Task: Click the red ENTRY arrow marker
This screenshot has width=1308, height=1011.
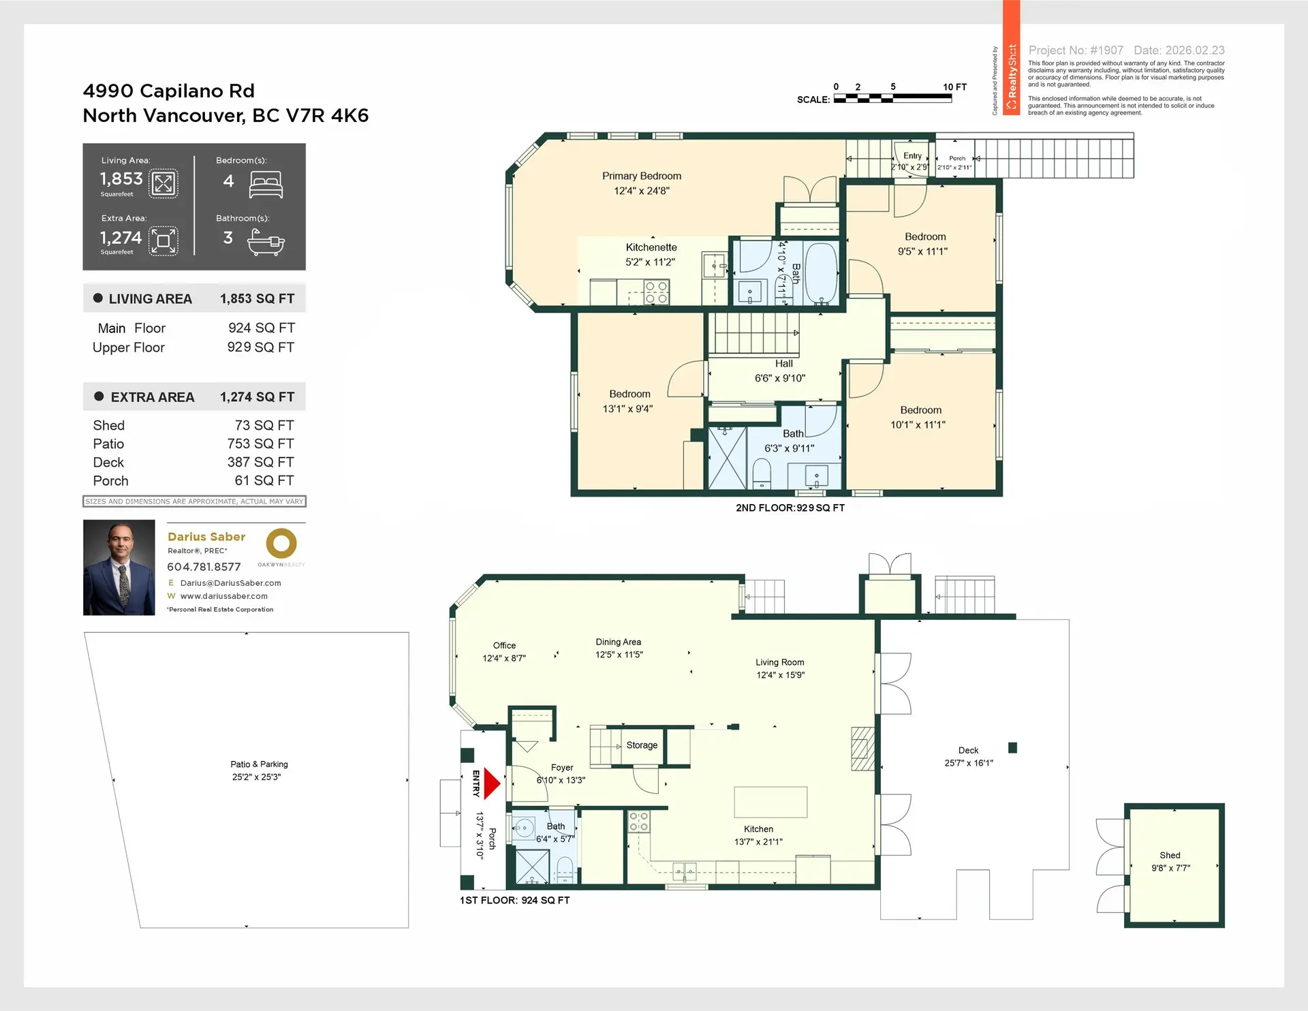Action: [491, 783]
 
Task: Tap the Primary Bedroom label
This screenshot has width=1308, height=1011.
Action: [641, 176]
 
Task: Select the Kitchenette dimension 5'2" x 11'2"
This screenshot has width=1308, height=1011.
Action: [650, 262]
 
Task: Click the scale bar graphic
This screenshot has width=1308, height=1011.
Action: [892, 98]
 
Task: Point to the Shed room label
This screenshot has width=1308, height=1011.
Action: [1170, 855]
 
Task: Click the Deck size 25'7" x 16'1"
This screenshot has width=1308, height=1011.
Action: [968, 763]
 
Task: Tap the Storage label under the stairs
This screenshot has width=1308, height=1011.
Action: [642, 745]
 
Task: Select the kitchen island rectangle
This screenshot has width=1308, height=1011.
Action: [770, 803]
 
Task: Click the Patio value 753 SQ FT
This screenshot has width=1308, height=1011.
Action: [260, 444]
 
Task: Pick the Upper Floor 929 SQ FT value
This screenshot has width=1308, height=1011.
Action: [260, 347]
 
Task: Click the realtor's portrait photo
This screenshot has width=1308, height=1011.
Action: [119, 567]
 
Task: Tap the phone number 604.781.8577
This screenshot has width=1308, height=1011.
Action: [204, 567]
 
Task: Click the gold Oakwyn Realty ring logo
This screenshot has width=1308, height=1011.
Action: [281, 544]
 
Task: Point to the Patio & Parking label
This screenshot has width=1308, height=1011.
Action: [259, 764]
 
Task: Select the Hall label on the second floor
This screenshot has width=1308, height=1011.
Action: [783, 364]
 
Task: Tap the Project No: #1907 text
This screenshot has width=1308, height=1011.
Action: [1075, 50]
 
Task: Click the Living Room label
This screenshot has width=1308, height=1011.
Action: [779, 662]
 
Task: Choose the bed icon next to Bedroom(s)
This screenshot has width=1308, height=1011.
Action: [266, 184]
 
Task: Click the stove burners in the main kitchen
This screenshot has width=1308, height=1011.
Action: [638, 822]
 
